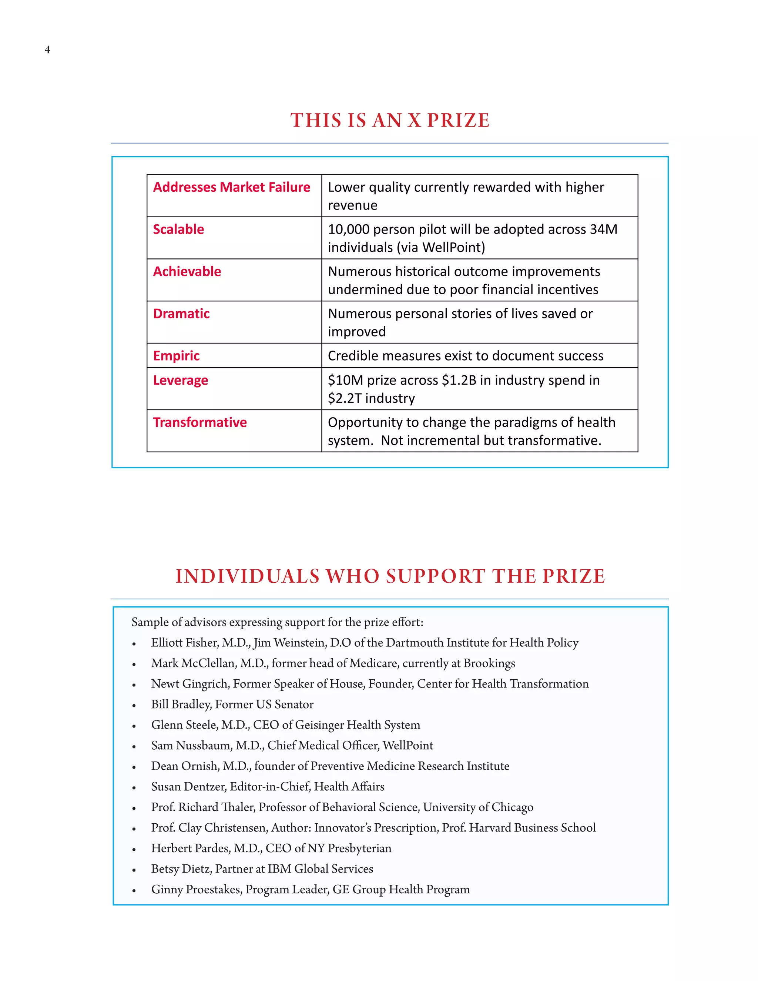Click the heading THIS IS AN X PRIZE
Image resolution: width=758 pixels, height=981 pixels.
coord(389,120)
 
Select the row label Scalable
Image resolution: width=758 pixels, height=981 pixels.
coord(178,230)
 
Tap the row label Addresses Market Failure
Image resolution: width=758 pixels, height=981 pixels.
coord(231,187)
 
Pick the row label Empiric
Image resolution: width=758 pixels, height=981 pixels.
coord(176,356)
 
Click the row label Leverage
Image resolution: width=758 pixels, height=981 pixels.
coord(181,381)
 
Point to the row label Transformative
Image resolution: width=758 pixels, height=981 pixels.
coord(200,423)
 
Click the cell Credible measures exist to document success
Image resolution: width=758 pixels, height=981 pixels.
coord(465,356)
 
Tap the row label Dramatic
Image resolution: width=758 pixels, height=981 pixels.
coord(181,314)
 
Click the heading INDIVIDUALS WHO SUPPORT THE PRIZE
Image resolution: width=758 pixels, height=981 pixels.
coord(390,576)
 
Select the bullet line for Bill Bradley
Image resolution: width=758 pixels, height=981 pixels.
coord(232,704)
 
